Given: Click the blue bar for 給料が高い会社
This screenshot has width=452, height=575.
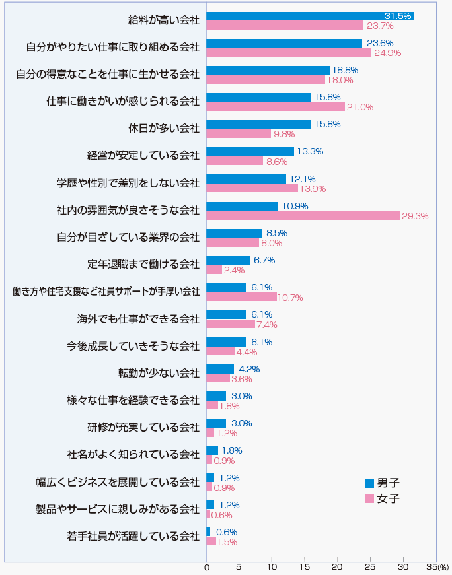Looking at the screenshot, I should (310, 16).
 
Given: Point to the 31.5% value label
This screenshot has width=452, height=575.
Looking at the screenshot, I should (398, 16).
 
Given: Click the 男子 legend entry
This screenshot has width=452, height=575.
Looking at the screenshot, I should (383, 483).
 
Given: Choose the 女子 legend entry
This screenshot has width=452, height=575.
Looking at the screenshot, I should (383, 498).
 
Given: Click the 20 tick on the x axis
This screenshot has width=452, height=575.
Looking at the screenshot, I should (338, 566).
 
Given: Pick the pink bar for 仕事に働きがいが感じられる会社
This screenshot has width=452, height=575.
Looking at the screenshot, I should (276, 107).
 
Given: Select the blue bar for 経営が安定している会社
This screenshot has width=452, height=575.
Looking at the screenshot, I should (250, 151).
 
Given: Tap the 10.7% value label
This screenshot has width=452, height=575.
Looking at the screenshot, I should (290, 298).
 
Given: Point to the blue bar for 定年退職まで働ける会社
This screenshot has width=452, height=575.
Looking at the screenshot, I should (228, 260).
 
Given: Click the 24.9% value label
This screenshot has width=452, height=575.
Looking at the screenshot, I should (388, 53).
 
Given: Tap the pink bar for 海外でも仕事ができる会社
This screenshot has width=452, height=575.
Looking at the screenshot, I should (231, 324).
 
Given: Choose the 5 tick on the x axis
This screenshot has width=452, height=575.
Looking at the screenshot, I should (239, 566).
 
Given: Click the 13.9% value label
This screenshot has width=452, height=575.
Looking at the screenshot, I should (313, 189).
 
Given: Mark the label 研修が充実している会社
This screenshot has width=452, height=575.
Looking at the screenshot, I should (143, 427).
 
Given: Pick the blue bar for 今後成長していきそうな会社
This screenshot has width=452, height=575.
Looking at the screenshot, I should (226, 341).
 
